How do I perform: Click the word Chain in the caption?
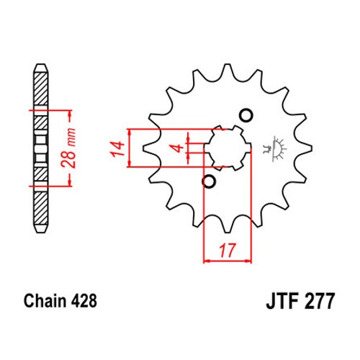(x=45, y=301)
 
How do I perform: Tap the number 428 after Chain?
(x=84, y=301)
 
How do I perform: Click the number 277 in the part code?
(x=319, y=301)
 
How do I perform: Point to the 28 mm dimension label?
(x=68, y=148)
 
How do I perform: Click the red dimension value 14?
(x=117, y=149)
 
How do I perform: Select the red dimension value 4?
(x=178, y=148)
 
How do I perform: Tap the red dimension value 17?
(x=228, y=251)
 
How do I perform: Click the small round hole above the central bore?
(x=246, y=116)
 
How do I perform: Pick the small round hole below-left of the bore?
(x=209, y=181)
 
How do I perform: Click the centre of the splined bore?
(x=228, y=148)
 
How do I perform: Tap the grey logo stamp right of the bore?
(x=275, y=149)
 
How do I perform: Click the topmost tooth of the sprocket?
(x=227, y=70)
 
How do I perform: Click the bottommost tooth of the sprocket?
(x=228, y=226)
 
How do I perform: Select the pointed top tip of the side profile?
(x=40, y=64)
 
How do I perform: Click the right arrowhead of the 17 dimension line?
(x=248, y=261)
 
